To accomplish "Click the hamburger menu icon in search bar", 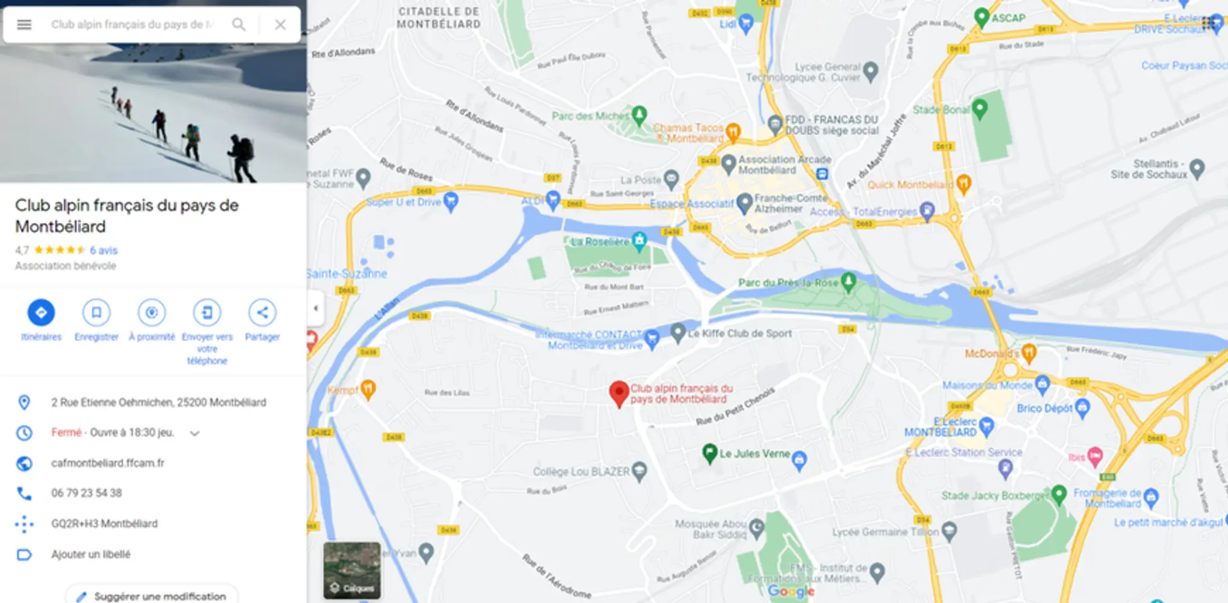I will [x=24, y=25].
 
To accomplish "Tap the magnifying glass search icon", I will [x=239, y=25].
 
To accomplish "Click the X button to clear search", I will [x=280, y=25].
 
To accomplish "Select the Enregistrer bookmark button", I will [x=96, y=313].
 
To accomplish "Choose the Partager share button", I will [x=262, y=313].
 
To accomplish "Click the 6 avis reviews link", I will [x=104, y=250].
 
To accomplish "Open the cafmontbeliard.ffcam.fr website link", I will [x=108, y=463].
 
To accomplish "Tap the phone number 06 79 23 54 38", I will [x=86, y=493].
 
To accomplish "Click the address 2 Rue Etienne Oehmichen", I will [x=158, y=402].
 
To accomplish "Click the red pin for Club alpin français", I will [x=619, y=393].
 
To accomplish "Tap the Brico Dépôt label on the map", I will [x=1044, y=408].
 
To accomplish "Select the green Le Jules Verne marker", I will [x=710, y=453].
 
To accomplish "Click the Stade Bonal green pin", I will [x=980, y=108].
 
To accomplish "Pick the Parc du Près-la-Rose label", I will [x=788, y=283].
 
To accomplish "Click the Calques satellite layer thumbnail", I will [x=352, y=570].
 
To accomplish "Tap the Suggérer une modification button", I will [x=152, y=596].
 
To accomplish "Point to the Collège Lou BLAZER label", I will [x=581, y=472].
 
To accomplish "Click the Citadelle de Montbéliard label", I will [x=439, y=18].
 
